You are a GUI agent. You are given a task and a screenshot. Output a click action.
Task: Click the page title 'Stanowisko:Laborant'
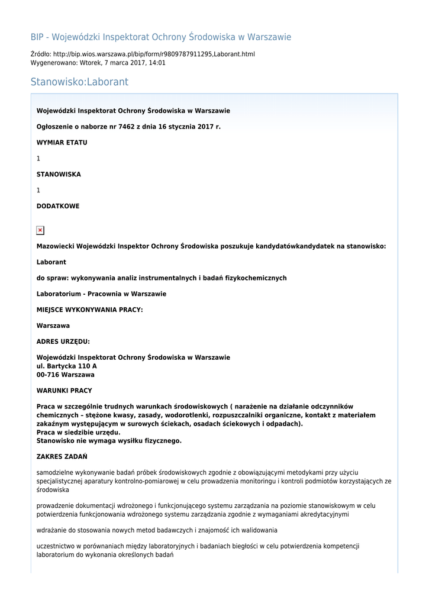tap(79, 82)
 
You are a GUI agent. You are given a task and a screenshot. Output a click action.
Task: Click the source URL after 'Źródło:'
tap(154, 54)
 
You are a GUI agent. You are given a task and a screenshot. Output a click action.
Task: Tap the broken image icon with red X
tap(40, 230)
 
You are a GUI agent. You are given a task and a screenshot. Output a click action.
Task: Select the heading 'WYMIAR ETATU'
tap(62, 143)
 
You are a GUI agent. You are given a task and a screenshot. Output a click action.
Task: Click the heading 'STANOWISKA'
tap(59, 175)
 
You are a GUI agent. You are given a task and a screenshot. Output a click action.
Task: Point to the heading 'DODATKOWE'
tap(58, 206)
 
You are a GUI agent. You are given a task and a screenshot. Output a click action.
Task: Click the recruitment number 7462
tap(127, 127)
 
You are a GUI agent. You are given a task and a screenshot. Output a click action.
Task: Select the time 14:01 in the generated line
tap(157, 63)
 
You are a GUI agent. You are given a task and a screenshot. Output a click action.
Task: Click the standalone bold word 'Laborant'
tap(51, 262)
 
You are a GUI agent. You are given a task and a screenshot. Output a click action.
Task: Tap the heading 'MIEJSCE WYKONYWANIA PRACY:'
tap(89, 310)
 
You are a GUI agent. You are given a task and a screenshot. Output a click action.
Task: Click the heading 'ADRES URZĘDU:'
tap(63, 341)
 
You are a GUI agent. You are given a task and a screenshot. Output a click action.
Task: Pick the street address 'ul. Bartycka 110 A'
tap(67, 366)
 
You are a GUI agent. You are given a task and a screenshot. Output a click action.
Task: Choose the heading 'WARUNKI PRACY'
tap(64, 391)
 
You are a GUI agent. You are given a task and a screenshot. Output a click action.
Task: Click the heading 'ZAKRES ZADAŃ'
tap(62, 456)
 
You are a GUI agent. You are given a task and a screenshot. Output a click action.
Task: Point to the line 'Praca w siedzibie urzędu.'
tap(78, 433)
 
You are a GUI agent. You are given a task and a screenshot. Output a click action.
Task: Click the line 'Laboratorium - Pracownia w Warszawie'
tap(101, 294)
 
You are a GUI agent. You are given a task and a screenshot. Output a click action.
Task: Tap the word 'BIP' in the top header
tap(37, 37)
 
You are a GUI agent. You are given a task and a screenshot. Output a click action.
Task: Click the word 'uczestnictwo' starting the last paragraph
tap(56, 546)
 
